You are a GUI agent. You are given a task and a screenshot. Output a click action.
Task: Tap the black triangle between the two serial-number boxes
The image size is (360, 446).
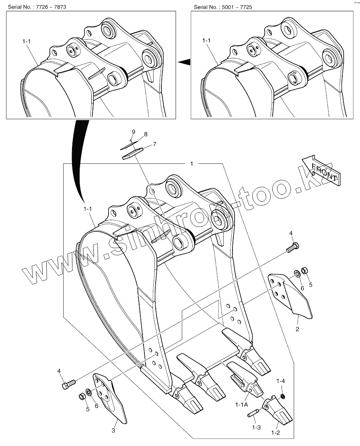(x=184, y=62)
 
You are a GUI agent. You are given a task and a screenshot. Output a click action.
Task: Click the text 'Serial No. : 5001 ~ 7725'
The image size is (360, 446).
(x=223, y=7)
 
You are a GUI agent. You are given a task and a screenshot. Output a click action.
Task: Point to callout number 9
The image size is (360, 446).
(x=134, y=132)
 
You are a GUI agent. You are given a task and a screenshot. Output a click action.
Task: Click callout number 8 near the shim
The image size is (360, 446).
(x=146, y=134)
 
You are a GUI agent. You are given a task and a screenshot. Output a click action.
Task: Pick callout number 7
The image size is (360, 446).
(x=154, y=144)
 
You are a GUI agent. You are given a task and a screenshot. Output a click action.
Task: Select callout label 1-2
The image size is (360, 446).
(x=275, y=433)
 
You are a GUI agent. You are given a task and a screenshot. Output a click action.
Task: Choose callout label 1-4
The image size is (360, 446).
(x=280, y=380)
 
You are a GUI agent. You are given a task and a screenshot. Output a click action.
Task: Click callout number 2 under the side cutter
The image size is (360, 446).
(x=297, y=329)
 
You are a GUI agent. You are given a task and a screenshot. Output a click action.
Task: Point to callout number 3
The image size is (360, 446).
(x=113, y=431)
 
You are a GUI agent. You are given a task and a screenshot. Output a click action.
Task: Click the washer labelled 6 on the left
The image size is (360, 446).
(x=89, y=392)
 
